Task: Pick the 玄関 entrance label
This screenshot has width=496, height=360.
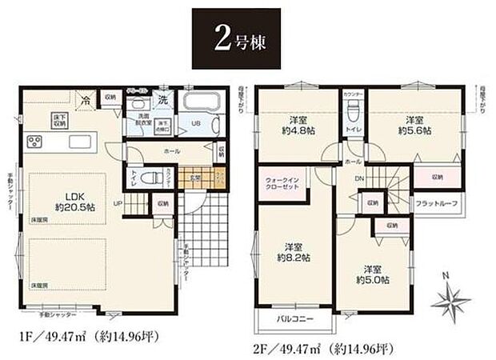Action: [194, 178]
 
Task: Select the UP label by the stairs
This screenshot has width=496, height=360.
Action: [118, 204]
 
